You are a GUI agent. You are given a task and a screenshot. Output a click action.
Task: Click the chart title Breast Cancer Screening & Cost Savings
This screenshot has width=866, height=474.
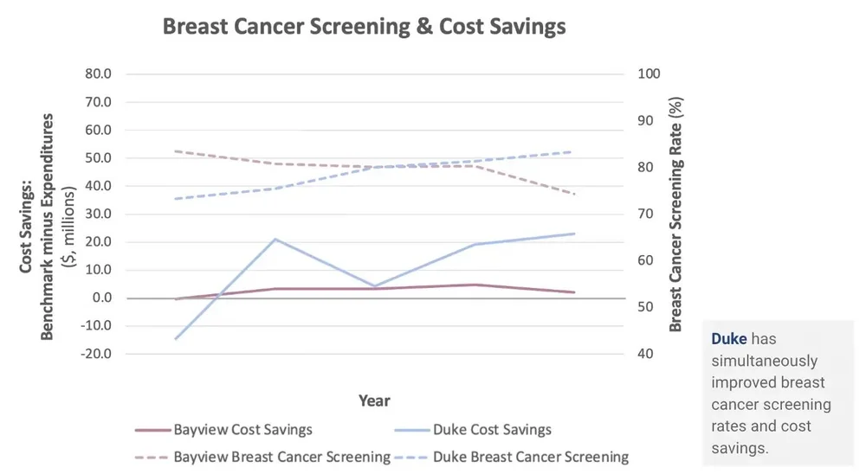pyautogui.click(x=364, y=27)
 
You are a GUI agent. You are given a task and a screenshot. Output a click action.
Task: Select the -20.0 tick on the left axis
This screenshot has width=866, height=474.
pyautogui.click(x=96, y=355)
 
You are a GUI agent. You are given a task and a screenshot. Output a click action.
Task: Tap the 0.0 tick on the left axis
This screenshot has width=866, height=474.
pyautogui.click(x=101, y=298)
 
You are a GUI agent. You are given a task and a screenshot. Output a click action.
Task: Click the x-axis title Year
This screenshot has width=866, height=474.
pyautogui.click(x=374, y=401)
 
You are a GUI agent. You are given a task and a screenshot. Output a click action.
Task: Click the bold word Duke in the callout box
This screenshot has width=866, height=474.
pyautogui.click(x=729, y=340)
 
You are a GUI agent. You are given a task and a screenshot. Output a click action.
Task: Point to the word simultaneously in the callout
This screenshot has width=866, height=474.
pyautogui.click(x=765, y=361)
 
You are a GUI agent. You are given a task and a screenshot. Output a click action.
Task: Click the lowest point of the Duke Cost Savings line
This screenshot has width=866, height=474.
pyautogui.click(x=177, y=338)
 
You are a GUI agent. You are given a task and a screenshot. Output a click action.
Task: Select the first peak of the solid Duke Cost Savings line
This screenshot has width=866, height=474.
pyautogui.click(x=275, y=239)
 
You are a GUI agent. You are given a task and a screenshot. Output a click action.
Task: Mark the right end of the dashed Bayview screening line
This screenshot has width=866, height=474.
pyautogui.click(x=574, y=194)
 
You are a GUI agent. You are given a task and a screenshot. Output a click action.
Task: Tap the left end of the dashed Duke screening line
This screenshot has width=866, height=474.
pyautogui.click(x=177, y=199)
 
